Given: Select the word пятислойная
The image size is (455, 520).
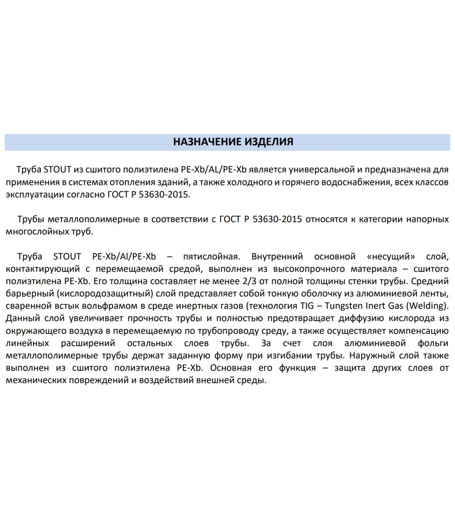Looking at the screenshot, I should (x=212, y=256).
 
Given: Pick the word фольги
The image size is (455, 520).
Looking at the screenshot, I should (x=433, y=343).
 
